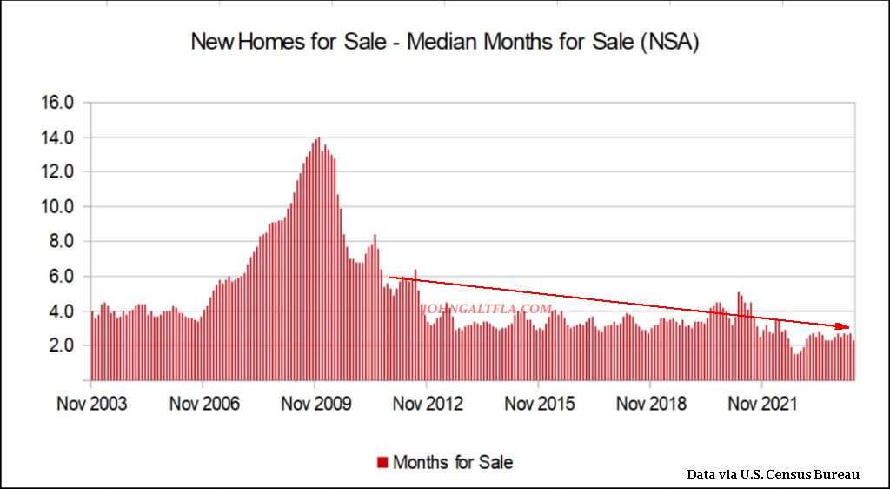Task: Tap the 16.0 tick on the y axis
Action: pos(59,103)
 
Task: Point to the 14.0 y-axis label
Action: pos(59,137)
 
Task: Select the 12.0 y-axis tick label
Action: pos(59,172)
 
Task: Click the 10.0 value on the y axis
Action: pos(59,207)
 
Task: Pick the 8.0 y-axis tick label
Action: pos(63,242)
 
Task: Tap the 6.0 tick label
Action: pos(63,277)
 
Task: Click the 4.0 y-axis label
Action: pos(63,311)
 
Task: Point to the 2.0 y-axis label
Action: pos(63,345)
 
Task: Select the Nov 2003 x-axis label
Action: pos(90,405)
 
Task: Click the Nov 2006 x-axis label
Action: pos(203,405)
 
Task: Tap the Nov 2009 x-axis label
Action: pos(315,405)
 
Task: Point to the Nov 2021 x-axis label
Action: pos(761,405)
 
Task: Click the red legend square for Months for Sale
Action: pos(382,462)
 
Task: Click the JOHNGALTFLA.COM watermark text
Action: pos(487,309)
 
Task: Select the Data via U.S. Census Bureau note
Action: pos(773,474)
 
